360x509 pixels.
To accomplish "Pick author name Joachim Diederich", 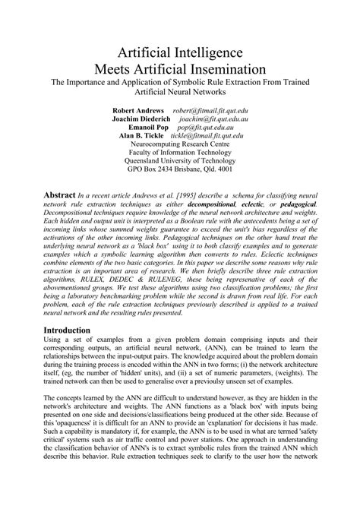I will [140, 120].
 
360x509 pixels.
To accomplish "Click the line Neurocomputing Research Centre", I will [180, 147].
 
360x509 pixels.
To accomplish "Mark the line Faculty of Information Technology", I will [180, 156].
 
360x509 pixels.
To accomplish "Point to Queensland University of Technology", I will [180, 165].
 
